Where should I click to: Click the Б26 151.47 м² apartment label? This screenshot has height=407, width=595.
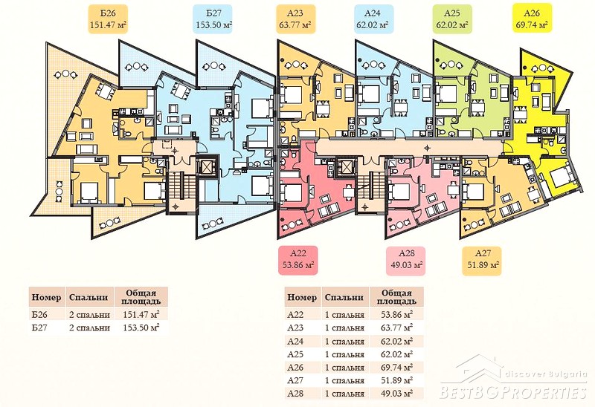(108, 19)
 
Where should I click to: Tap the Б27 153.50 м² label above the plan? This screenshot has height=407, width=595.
(214, 19)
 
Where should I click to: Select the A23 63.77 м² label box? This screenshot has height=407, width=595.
(295, 19)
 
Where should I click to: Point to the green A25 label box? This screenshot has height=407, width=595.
(452, 19)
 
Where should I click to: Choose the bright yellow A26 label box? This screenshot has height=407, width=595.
(532, 19)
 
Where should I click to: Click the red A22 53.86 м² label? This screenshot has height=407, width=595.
(298, 261)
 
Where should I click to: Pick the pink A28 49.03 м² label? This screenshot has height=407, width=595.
(405, 261)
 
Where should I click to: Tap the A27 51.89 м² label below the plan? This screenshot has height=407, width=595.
(483, 261)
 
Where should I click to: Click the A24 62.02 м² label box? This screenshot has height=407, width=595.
(373, 19)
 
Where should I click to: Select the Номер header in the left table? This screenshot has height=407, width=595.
(46, 298)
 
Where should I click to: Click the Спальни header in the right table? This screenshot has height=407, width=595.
(344, 298)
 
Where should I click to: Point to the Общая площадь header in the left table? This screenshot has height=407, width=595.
(141, 298)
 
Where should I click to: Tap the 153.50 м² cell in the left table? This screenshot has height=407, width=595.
(141, 328)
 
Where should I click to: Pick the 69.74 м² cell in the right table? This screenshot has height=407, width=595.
(397, 367)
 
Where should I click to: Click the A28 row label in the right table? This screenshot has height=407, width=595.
(295, 394)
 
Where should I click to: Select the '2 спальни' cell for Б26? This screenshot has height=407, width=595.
(89, 315)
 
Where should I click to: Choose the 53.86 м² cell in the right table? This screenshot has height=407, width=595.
(397, 315)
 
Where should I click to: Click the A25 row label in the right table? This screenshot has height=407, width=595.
(295, 354)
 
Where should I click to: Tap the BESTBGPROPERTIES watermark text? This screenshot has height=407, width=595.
(513, 392)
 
